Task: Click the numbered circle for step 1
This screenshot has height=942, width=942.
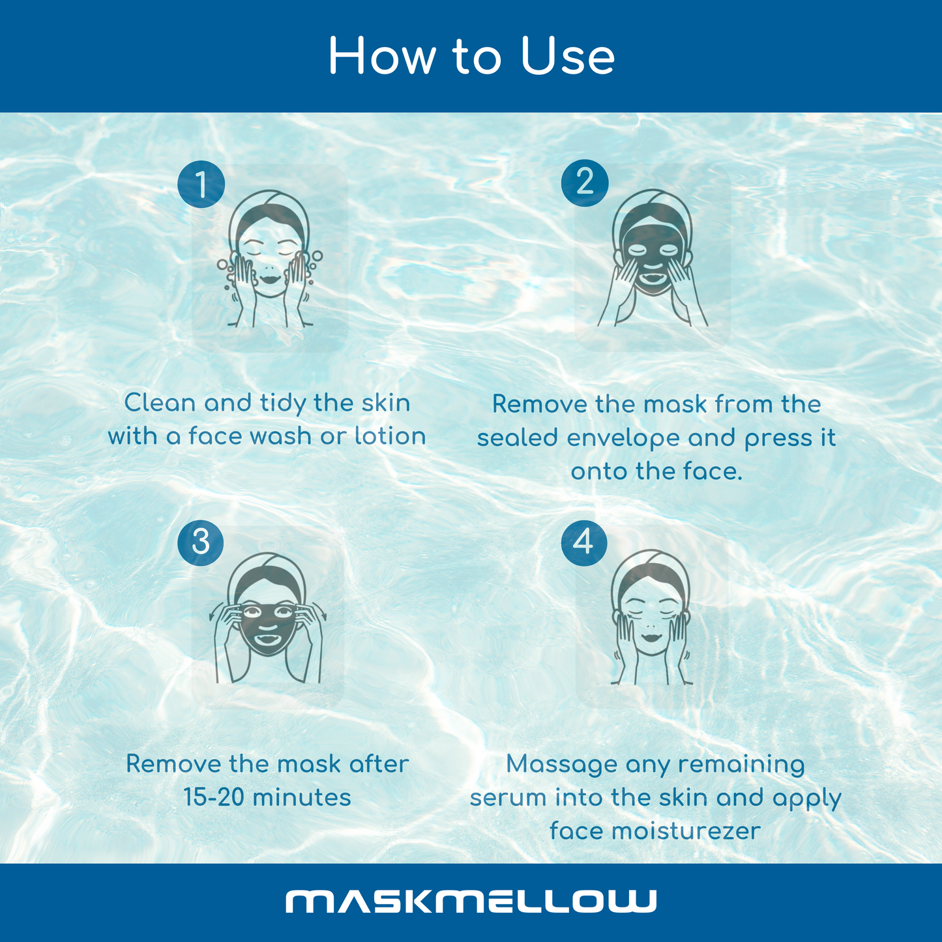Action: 201,184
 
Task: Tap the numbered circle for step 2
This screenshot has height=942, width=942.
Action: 585,183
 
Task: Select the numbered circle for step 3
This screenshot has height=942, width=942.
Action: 200,542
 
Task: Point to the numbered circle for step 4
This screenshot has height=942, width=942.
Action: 584,542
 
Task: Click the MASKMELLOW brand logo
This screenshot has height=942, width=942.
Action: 471,901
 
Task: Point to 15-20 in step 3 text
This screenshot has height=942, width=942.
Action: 214,797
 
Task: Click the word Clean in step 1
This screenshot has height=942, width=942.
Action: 160,403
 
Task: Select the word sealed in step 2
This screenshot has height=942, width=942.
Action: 518,437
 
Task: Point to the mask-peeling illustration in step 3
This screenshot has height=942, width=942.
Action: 267,618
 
